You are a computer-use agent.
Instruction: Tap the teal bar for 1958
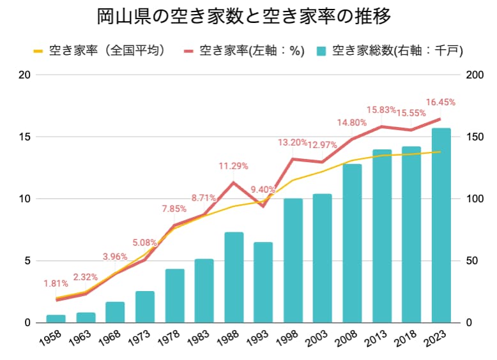pos(56,319)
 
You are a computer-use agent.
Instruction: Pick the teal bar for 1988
pos(234,277)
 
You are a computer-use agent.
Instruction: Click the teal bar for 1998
pos(293,260)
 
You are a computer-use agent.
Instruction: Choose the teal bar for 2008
pos(352,243)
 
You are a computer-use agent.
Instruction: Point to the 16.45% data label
pos(441,102)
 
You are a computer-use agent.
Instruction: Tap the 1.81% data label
pos(56,283)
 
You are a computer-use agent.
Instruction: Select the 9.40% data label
pos(263,190)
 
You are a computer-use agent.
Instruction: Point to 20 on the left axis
pos(25,75)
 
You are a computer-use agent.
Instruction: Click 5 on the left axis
pos(27,260)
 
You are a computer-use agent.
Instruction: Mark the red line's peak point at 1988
pos(234,183)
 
